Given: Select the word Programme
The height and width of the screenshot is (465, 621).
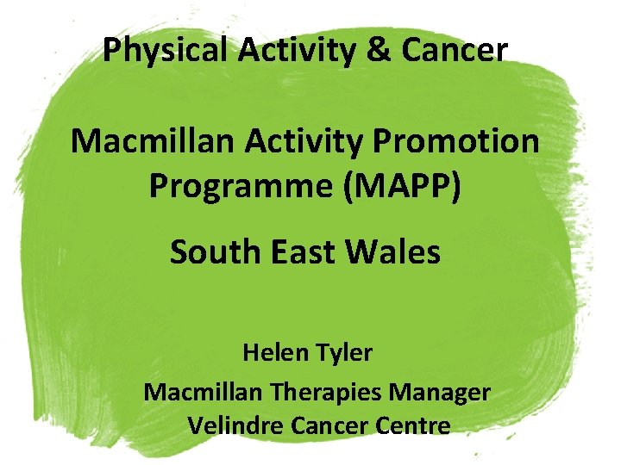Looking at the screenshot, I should [241, 184].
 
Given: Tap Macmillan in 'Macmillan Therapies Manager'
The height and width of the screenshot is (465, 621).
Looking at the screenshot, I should [203, 393].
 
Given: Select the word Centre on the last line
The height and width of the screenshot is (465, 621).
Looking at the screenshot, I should [416, 425].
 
